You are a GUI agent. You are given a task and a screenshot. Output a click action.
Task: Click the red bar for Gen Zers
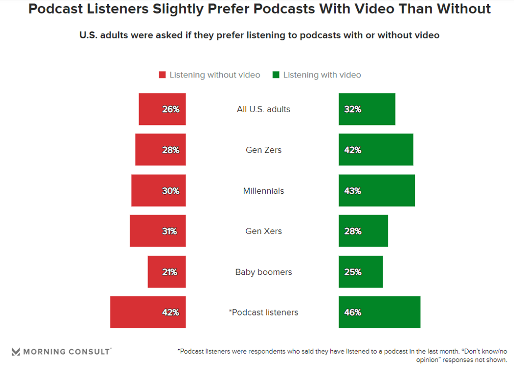160,150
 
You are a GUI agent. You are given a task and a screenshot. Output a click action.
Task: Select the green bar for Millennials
377,191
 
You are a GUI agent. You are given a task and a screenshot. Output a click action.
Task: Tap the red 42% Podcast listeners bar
148,312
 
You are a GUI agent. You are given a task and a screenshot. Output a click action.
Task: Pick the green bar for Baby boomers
361,272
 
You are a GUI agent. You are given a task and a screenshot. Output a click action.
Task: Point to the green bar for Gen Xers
363,231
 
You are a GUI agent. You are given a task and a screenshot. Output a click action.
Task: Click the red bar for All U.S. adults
162,109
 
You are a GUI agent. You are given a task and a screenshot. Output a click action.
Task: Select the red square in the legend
162,75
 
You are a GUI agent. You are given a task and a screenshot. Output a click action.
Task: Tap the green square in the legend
276,75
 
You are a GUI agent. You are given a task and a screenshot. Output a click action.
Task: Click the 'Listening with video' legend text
322,75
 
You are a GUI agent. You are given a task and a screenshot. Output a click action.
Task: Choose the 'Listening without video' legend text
215,75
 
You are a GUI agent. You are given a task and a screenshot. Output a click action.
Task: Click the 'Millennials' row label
264,191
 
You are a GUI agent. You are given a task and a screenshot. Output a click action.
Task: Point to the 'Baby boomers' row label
264,272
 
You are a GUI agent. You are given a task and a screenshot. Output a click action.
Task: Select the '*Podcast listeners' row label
264,312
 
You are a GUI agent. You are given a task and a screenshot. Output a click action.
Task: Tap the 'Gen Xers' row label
264,231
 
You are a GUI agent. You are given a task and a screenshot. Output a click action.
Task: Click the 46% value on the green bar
353,312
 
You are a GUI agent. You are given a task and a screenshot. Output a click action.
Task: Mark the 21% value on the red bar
169,272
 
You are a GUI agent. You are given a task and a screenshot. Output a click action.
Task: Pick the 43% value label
353,191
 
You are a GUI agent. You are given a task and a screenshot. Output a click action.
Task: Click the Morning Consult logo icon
16,352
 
